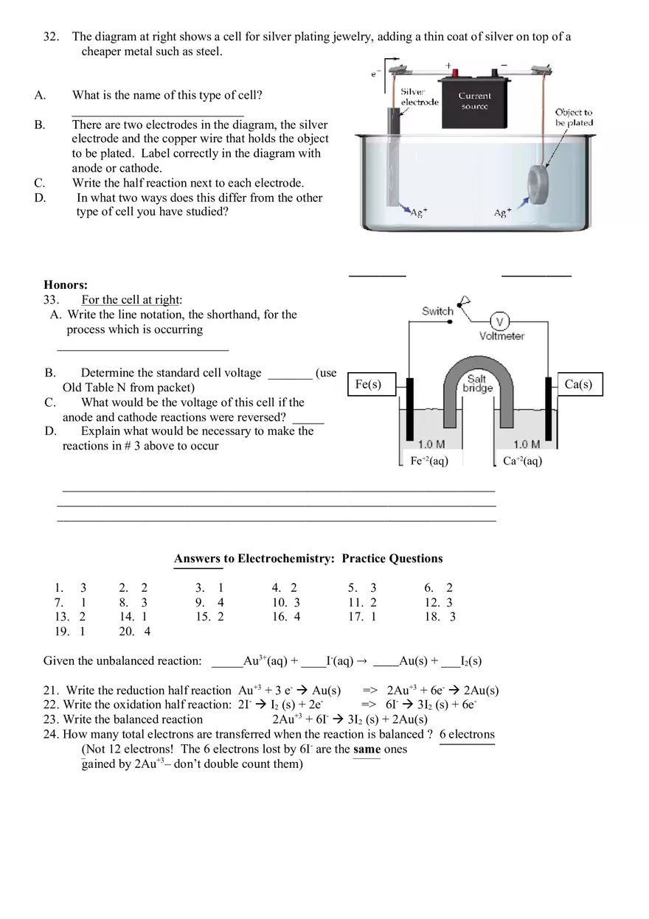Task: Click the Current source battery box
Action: tap(475, 101)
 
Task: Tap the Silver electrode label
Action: tap(419, 97)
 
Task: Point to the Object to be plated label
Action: tap(574, 117)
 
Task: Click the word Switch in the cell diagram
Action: tap(437, 311)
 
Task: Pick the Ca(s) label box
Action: tap(577, 384)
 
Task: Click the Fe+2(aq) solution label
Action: tap(428, 461)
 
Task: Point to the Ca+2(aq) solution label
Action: tap(522, 461)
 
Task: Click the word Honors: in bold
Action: tap(66, 284)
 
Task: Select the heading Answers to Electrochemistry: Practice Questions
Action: tap(308, 559)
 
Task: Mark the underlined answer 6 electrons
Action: tap(467, 734)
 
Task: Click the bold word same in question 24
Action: tap(367, 749)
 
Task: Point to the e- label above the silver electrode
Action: tap(375, 73)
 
